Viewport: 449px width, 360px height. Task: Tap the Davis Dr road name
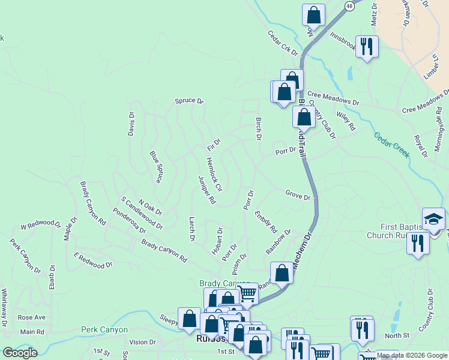pos(131,124)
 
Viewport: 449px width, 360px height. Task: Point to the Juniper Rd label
pos(206,190)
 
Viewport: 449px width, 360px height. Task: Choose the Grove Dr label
pos(298,196)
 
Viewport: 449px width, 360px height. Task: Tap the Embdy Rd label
pos(265,221)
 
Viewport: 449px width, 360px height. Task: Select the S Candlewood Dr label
pos(142,213)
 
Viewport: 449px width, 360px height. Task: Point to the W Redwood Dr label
pos(41,226)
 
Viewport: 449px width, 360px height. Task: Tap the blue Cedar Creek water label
pos(391,145)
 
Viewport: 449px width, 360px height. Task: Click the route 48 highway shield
pos(349,5)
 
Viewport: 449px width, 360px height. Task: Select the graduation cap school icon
pos(433,219)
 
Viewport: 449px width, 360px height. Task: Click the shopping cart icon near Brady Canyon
pos(247,294)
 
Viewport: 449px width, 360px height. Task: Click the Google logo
pos(20,353)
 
